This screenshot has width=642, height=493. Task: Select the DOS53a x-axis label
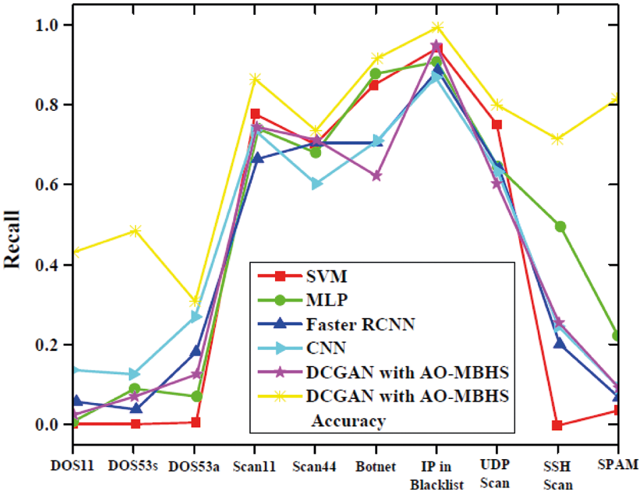click(195, 467)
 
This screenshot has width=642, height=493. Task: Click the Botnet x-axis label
click(375, 466)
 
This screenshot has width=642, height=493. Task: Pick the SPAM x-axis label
click(618, 465)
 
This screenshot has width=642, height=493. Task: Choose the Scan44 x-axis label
click(315, 466)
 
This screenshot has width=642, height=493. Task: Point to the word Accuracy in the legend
click(348, 421)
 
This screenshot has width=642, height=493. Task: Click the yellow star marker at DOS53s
click(135, 231)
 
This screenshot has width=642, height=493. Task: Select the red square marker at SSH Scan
click(557, 425)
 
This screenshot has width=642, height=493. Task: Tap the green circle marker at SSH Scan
click(560, 227)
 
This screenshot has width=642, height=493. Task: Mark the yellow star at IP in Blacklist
click(437, 28)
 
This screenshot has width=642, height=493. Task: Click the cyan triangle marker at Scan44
click(316, 184)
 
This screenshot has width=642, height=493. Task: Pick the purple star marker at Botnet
click(376, 176)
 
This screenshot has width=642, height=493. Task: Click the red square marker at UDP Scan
click(497, 124)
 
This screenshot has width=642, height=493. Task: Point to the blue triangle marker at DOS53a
click(195, 351)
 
